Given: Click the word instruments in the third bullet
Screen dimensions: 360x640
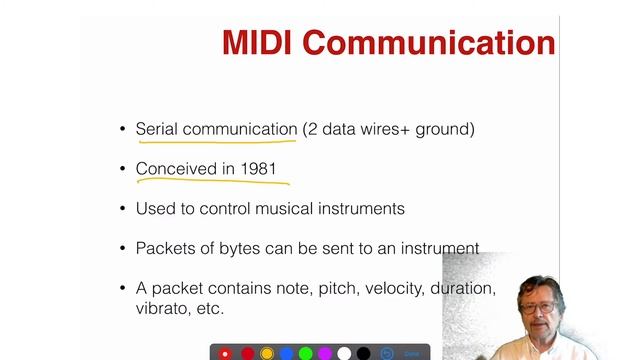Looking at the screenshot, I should [365, 209].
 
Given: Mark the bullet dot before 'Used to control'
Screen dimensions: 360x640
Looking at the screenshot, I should [124, 210].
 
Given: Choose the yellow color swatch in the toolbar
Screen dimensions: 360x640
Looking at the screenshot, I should [267, 353].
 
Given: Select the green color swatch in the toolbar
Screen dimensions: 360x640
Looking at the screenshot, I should [305, 353].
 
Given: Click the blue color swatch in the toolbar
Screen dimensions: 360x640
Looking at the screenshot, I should [286, 353].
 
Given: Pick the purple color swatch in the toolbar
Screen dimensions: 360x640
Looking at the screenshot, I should [324, 353].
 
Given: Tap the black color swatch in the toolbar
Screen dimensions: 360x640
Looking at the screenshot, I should [363, 353].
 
